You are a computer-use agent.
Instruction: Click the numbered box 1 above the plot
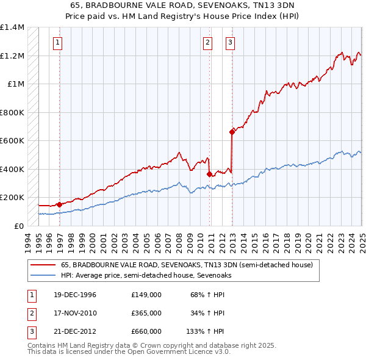tap(57, 42)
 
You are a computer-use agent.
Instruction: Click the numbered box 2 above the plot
tap(207, 42)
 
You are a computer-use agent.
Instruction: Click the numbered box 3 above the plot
tap(230, 42)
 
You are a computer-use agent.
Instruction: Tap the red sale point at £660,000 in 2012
tap(232, 132)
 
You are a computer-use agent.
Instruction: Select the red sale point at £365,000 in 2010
tap(209, 174)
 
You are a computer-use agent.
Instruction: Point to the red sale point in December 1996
tap(59, 204)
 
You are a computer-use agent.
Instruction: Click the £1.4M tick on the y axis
tap(12, 27)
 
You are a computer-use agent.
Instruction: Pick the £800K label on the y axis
tap(12, 112)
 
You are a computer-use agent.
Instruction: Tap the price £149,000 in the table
tap(146, 295)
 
